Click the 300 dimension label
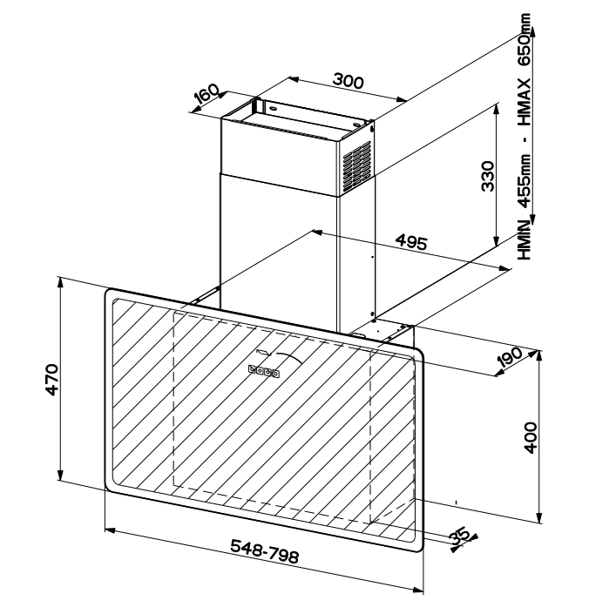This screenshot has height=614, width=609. (x=348, y=81)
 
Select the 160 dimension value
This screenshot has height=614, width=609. (x=206, y=94)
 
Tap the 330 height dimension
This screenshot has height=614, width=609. (x=488, y=176)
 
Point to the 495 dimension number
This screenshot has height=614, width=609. (x=411, y=242)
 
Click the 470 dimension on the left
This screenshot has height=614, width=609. (x=51, y=380)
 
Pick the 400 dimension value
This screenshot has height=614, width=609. (x=531, y=437)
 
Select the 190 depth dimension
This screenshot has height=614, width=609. (x=509, y=358)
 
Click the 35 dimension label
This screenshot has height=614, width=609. (x=460, y=536)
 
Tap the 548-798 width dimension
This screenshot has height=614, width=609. (x=264, y=551)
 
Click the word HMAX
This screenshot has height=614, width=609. (x=524, y=102)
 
